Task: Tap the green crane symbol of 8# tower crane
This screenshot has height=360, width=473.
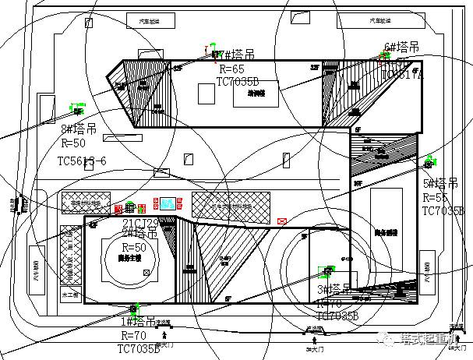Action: point(76,104)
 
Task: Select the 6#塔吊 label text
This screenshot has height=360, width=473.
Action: point(402,48)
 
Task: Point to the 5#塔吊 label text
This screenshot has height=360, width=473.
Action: point(441,184)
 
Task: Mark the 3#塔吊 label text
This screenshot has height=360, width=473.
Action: point(334,289)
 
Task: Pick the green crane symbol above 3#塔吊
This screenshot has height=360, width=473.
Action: point(327,272)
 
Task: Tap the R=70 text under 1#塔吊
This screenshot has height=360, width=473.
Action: point(133,336)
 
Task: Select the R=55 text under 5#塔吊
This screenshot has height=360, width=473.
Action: point(436,198)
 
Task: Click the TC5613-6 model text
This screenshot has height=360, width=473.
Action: point(82,160)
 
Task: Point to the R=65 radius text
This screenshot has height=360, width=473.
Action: point(231,69)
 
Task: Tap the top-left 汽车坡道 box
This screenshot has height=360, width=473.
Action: point(148,21)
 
